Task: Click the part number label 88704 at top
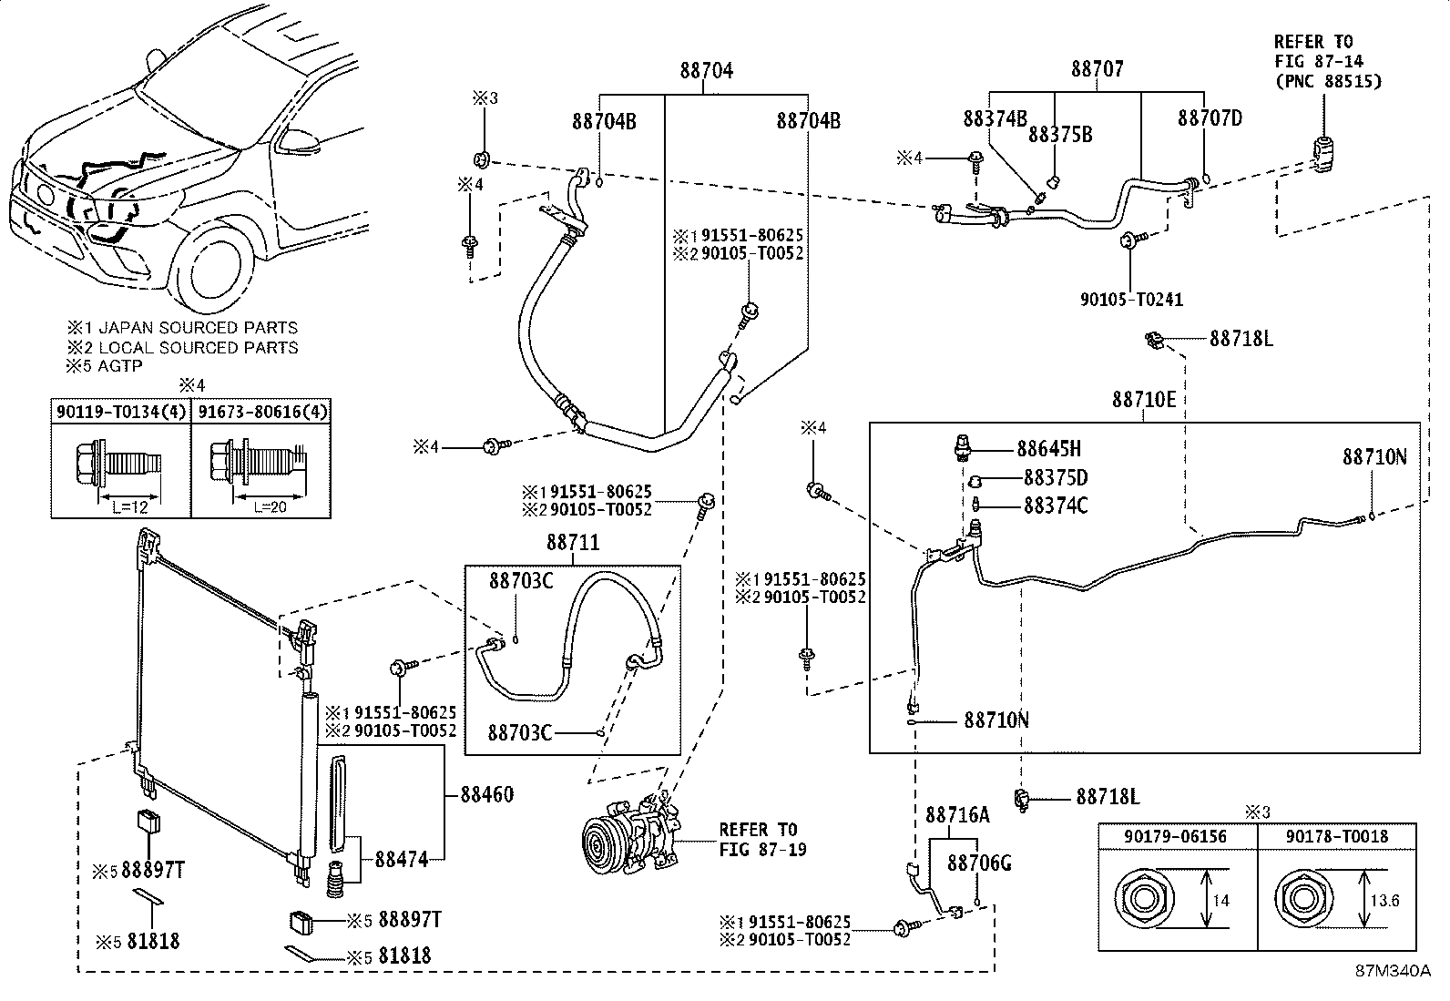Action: (706, 70)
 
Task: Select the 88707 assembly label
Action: (1098, 68)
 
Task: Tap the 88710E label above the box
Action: (1144, 399)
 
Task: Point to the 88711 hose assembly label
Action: (573, 542)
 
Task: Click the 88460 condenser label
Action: (486, 794)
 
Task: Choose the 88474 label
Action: (402, 859)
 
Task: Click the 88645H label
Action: (1048, 449)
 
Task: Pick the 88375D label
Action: (1056, 478)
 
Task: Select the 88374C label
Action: (1056, 506)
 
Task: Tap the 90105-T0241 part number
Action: (1131, 299)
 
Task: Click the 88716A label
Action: (957, 815)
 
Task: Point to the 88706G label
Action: (979, 863)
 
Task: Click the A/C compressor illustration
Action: (630, 836)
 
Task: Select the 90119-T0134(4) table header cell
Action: (121, 412)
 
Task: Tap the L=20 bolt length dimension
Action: (270, 507)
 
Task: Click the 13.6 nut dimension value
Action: (1384, 901)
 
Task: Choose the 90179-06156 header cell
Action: (1175, 836)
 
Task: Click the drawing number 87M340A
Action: (1393, 971)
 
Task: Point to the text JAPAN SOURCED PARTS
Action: (198, 328)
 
